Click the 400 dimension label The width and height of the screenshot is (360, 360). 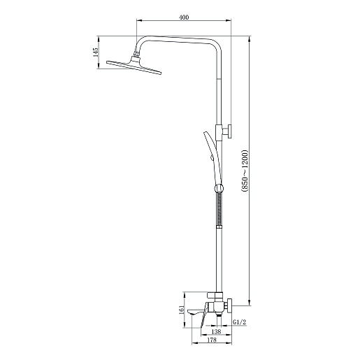pos(184,17)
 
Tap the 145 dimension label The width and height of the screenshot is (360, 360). pos(96,52)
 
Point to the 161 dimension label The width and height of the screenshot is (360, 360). pos(182,310)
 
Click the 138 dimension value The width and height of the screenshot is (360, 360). pos(216,331)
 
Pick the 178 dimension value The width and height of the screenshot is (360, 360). pos(212,340)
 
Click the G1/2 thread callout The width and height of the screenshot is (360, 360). pos(239,322)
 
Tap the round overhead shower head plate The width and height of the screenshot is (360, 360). pos(134,68)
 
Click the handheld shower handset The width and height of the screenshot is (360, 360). pos(211,159)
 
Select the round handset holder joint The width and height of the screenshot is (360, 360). pos(219,188)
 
